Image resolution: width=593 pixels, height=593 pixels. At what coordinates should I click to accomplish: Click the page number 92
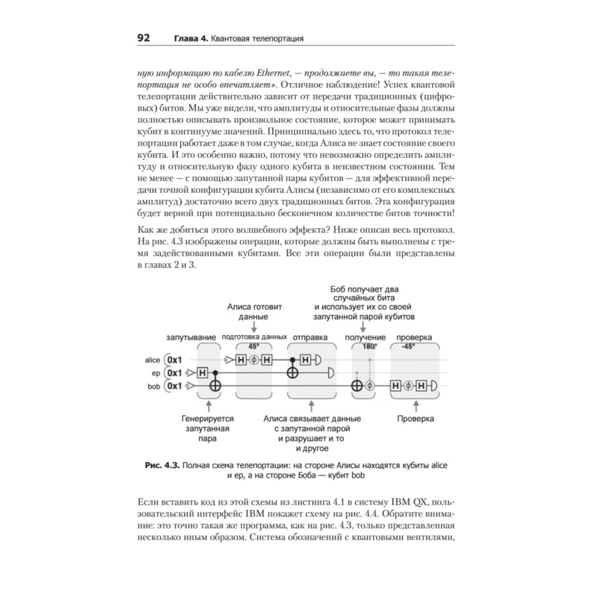tap(144, 39)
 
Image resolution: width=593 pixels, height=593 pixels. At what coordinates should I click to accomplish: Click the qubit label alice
tap(152, 360)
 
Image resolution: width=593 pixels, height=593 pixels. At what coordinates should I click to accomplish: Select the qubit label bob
tap(154, 386)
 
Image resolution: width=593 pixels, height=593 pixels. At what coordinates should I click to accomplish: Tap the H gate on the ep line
tap(202, 373)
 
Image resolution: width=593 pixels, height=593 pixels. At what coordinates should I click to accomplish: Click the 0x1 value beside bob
tap(175, 386)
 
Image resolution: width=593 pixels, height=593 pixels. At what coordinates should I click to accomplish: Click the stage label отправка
tap(311, 337)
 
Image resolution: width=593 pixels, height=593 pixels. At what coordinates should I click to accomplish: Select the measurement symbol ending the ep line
tap(330, 373)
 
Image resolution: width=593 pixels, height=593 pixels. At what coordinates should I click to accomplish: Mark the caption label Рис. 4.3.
tap(163, 466)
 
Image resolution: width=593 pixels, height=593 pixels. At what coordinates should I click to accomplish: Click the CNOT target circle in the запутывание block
tap(216, 386)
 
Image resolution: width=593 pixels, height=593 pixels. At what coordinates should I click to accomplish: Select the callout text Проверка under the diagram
tap(415, 419)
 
